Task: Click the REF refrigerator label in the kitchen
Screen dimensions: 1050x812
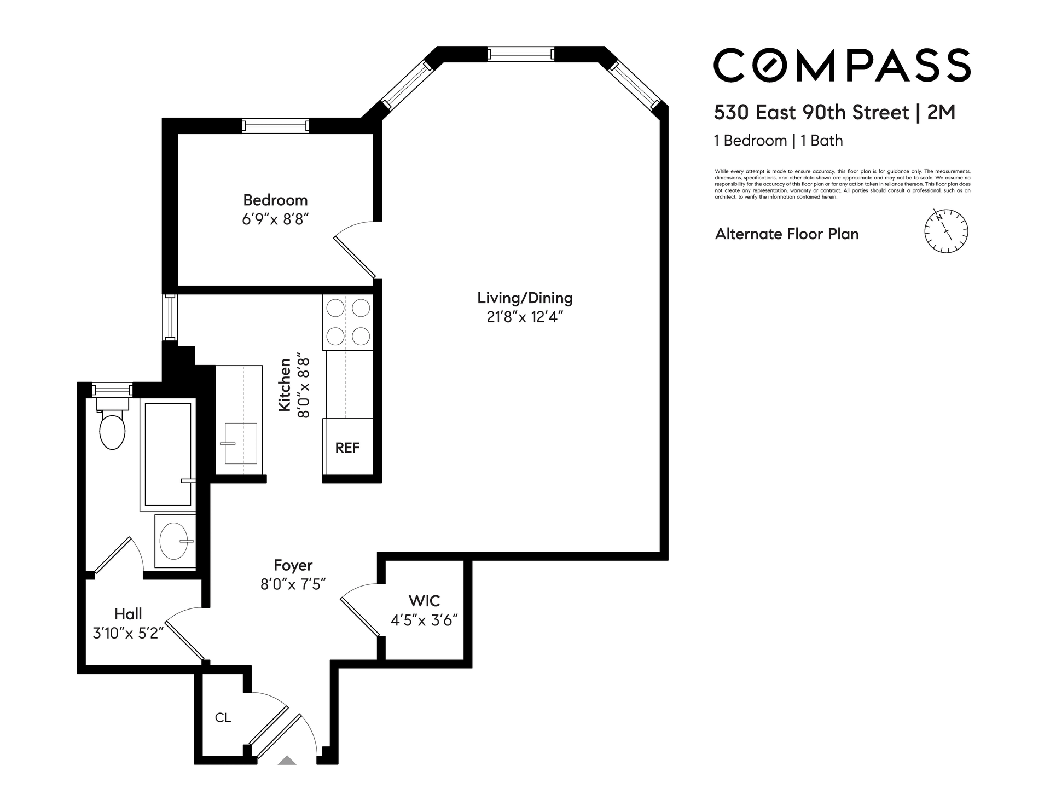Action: point(347,448)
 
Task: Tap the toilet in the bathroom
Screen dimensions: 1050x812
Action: point(113,424)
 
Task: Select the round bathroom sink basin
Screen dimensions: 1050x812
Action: point(174,541)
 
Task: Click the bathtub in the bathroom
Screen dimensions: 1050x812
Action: point(168,454)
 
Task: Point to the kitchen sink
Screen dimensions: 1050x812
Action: point(241,443)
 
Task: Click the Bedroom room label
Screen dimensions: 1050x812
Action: point(275,200)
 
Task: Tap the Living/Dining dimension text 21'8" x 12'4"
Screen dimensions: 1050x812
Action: point(525,317)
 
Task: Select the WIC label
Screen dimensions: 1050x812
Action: point(424,601)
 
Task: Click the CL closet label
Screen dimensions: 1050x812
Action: point(223,717)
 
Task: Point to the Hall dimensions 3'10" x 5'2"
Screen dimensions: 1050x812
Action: point(129,633)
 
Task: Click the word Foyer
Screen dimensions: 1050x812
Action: point(293,565)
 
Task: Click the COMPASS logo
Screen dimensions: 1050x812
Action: point(842,65)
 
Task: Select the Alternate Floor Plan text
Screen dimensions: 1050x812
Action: point(787,234)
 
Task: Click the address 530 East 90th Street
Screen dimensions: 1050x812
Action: point(811,113)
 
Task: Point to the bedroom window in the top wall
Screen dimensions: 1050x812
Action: point(276,126)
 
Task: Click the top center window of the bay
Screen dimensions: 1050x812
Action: point(521,54)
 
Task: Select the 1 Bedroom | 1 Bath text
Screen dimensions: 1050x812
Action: point(778,141)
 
